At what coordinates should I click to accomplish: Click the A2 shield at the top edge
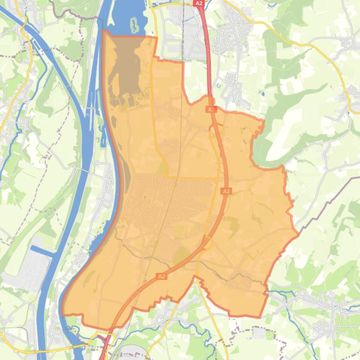[x=199, y=3]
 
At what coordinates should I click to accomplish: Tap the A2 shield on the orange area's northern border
[x=211, y=109]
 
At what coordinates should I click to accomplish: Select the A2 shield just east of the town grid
[x=226, y=191]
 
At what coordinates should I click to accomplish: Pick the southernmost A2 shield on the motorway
[x=162, y=276]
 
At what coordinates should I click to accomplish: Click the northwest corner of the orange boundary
[x=103, y=32]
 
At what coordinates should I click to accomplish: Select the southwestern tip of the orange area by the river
[x=63, y=312]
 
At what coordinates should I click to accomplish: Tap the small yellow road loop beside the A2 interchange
[x=208, y=243]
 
